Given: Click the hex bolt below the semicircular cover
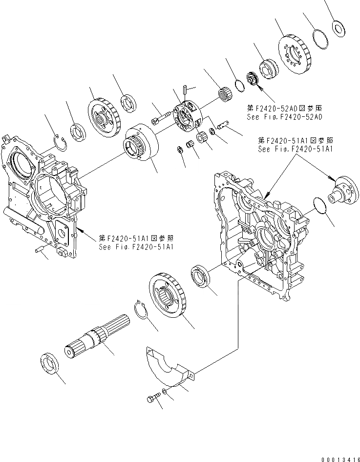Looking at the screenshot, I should click(152, 399).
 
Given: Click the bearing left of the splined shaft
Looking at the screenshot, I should click(50, 364).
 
